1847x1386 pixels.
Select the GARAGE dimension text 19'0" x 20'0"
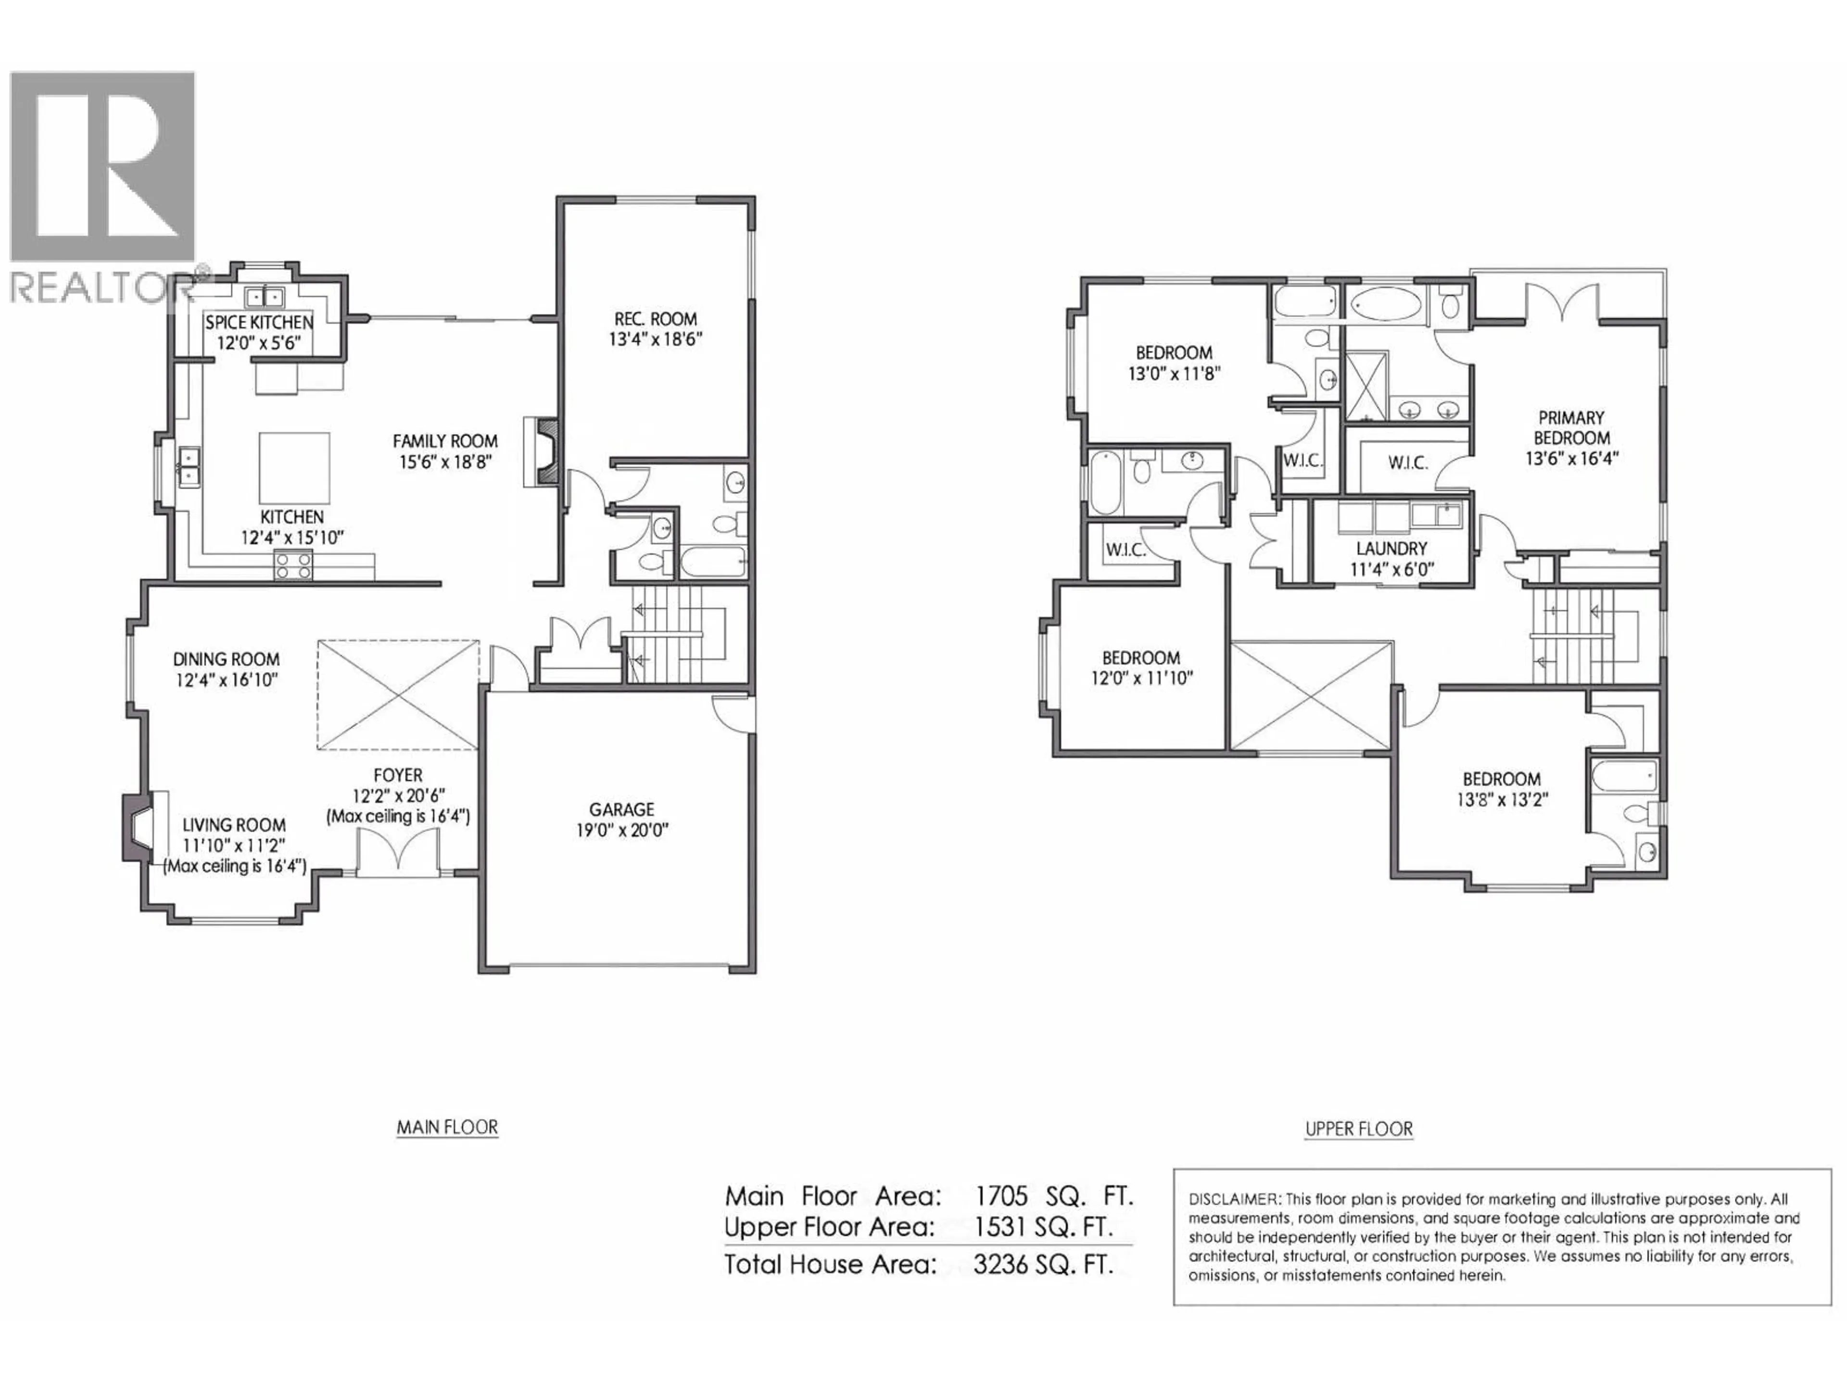(x=621, y=831)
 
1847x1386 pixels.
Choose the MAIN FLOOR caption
(x=447, y=1128)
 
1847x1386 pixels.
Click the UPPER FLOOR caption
(x=1358, y=1129)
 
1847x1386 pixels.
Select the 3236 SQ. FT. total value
(x=1043, y=1264)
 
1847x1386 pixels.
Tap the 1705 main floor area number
(x=1001, y=1196)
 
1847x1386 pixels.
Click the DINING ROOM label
(x=226, y=659)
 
